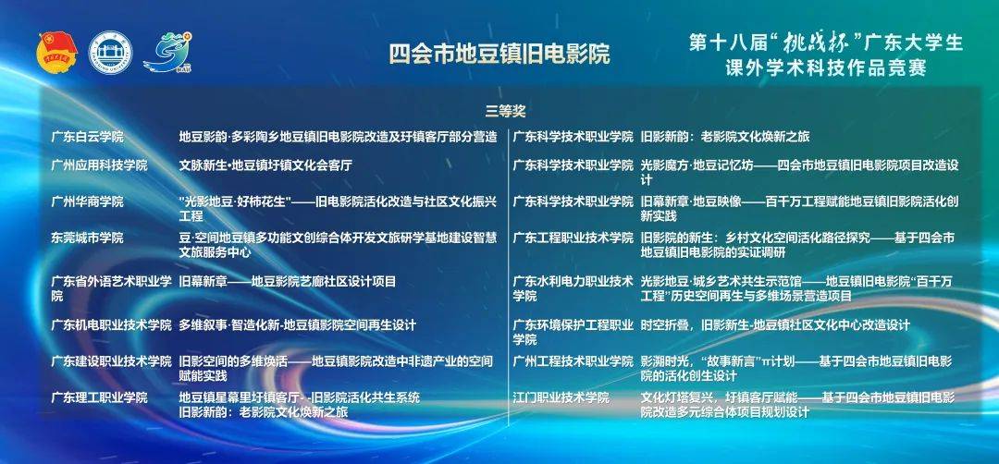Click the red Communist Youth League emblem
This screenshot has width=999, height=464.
[x=56, y=52]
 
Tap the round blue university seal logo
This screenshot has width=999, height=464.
[x=109, y=52]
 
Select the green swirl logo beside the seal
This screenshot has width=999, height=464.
[x=168, y=52]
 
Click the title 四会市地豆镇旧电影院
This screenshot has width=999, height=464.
[x=499, y=54]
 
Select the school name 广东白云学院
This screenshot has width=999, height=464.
[x=87, y=137]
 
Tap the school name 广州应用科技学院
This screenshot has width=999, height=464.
[x=99, y=165]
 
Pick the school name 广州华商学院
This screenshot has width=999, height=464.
[x=87, y=201]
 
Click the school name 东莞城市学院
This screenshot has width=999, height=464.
[x=87, y=238]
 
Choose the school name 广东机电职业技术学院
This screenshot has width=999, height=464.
[x=112, y=325]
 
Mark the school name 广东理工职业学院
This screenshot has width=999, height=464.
[x=99, y=397]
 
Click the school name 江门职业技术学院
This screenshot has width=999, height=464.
[x=561, y=397]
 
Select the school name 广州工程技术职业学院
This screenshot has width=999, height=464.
[x=573, y=361]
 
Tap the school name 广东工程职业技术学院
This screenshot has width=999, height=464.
[x=573, y=238]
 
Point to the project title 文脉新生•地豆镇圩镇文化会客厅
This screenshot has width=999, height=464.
[x=265, y=165]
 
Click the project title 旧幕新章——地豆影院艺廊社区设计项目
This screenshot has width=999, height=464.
[x=288, y=281]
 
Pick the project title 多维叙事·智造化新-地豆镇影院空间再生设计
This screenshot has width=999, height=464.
[x=298, y=325]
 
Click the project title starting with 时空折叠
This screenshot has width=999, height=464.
[x=775, y=325]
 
